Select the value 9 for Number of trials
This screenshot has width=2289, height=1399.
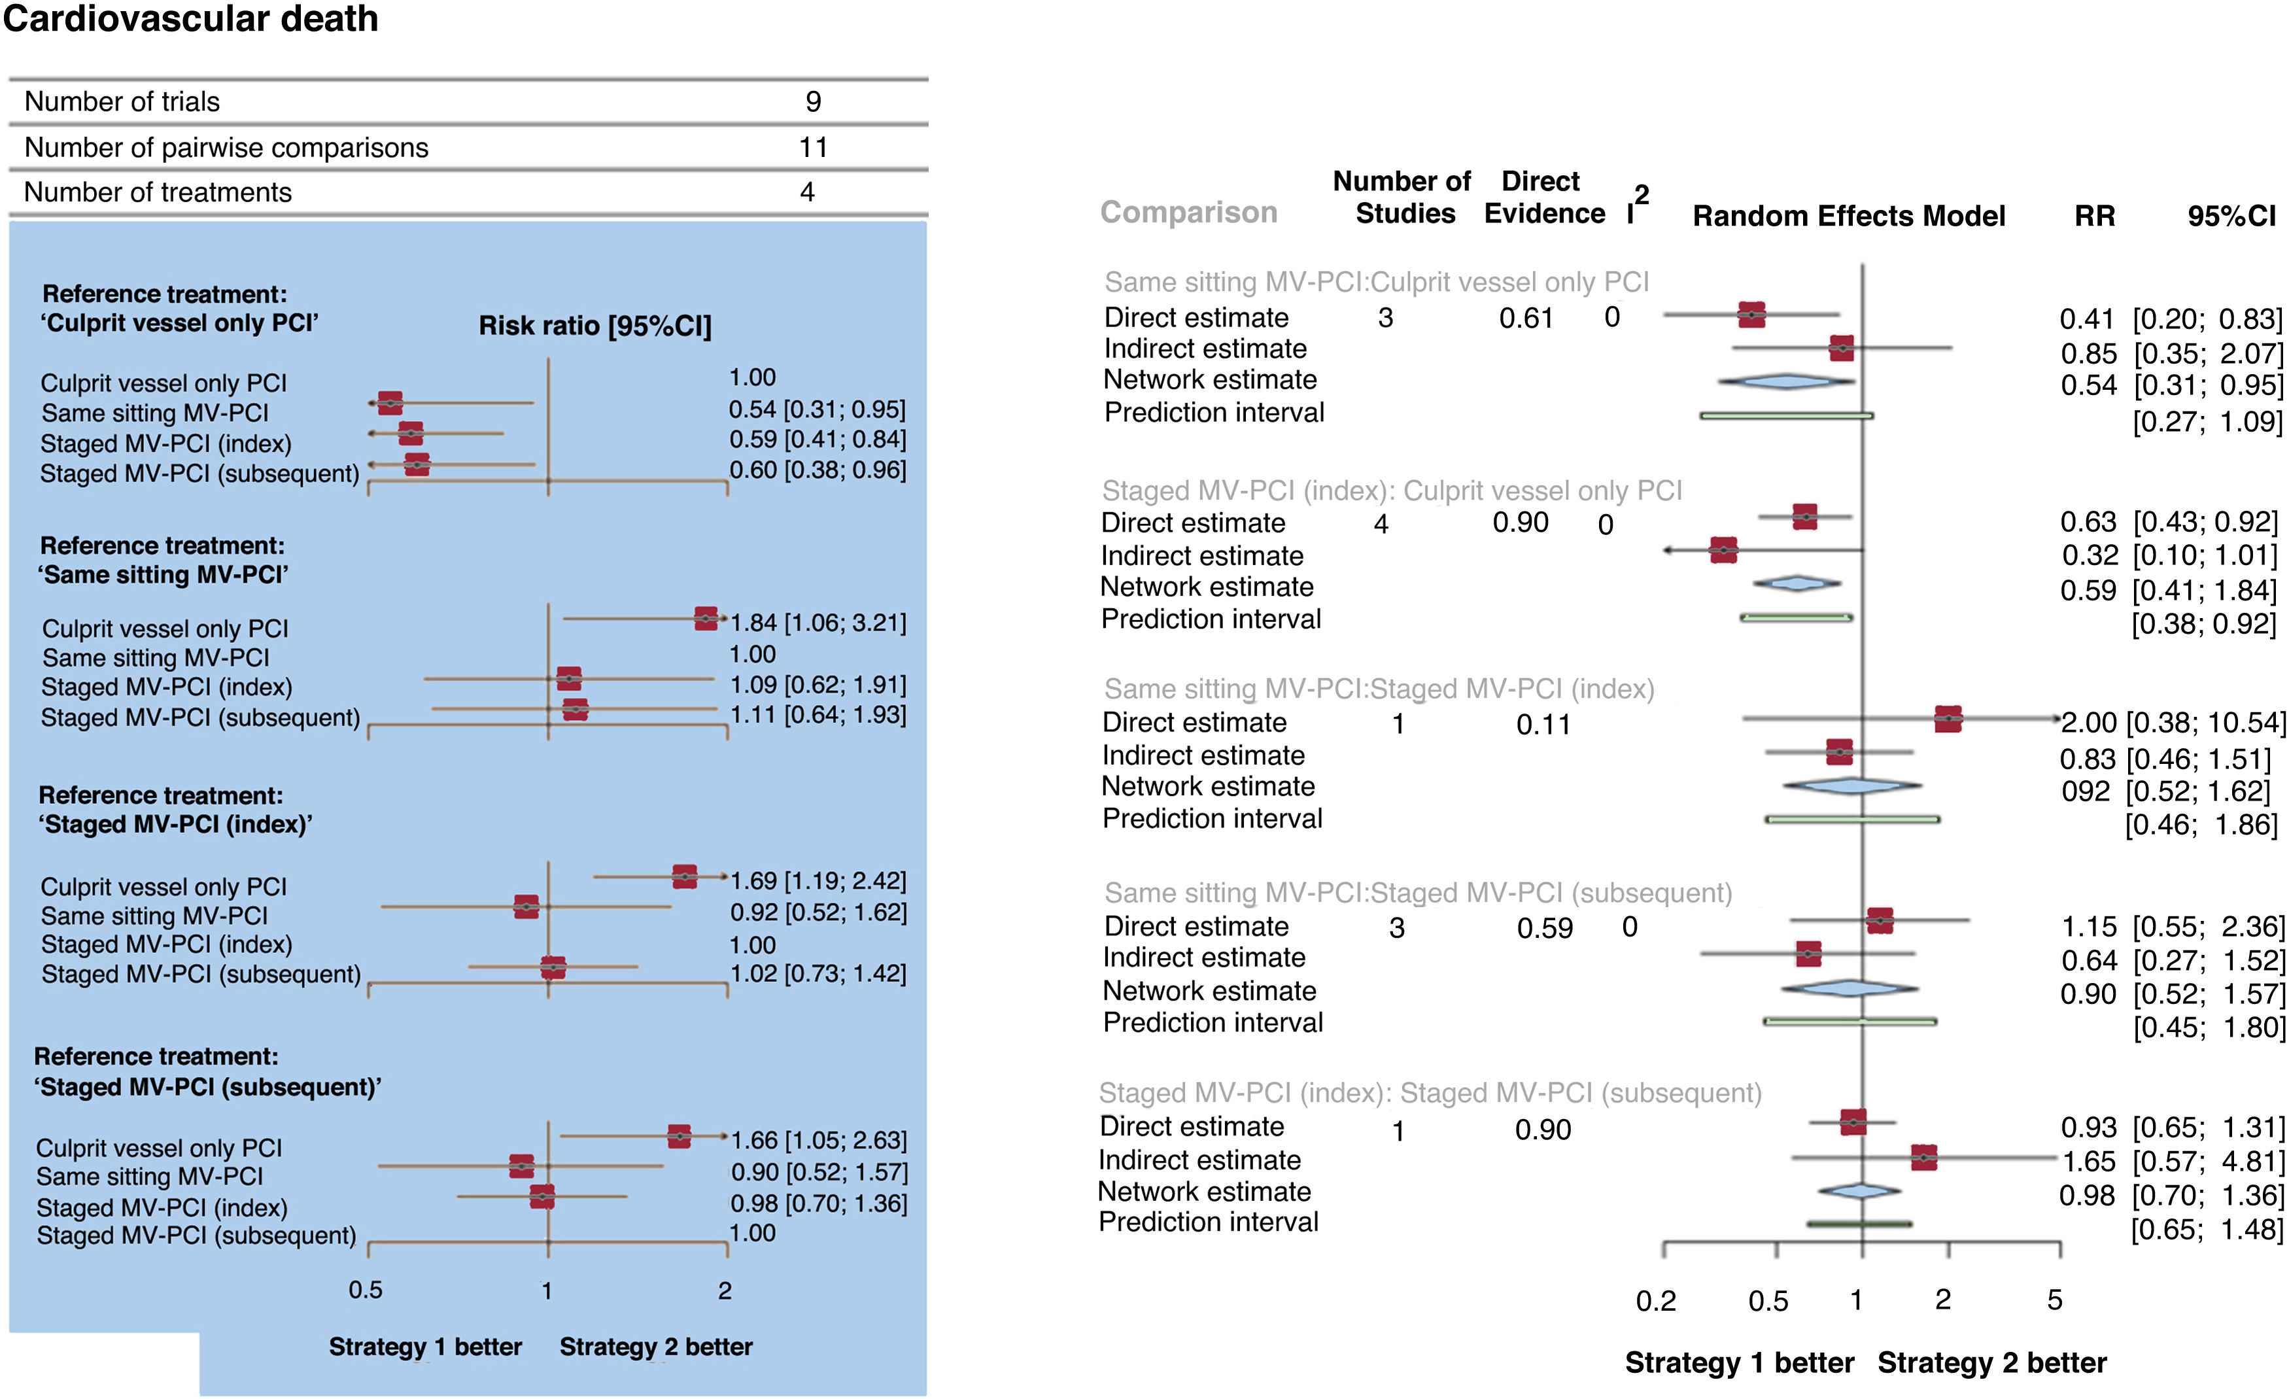pyautogui.click(x=813, y=101)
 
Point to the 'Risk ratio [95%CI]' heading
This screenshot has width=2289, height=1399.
pyautogui.click(x=594, y=326)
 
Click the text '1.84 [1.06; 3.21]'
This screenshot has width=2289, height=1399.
pyautogui.click(x=818, y=623)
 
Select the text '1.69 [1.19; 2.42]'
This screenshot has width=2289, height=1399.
pyautogui.click(x=818, y=880)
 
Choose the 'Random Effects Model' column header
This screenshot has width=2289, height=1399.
pyautogui.click(x=1849, y=216)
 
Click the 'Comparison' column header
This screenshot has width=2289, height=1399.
pyautogui.click(x=1188, y=213)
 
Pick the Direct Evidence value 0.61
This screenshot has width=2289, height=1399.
pyautogui.click(x=1525, y=319)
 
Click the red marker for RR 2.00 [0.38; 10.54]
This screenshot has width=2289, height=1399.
pyautogui.click(x=1948, y=719)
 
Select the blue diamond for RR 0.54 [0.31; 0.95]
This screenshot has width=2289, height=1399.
pyautogui.click(x=1785, y=381)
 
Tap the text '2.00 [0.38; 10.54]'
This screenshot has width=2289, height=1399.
pyautogui.click(x=2173, y=723)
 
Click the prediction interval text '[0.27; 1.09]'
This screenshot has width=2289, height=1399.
pyautogui.click(x=2207, y=422)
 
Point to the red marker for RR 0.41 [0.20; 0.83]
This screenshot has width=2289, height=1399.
pyautogui.click(x=1751, y=315)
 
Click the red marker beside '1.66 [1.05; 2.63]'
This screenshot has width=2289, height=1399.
pyautogui.click(x=679, y=1136)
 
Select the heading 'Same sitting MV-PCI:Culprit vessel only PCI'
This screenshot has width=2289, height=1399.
pyautogui.click(x=1376, y=283)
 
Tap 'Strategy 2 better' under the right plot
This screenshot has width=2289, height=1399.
pyautogui.click(x=1991, y=1363)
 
